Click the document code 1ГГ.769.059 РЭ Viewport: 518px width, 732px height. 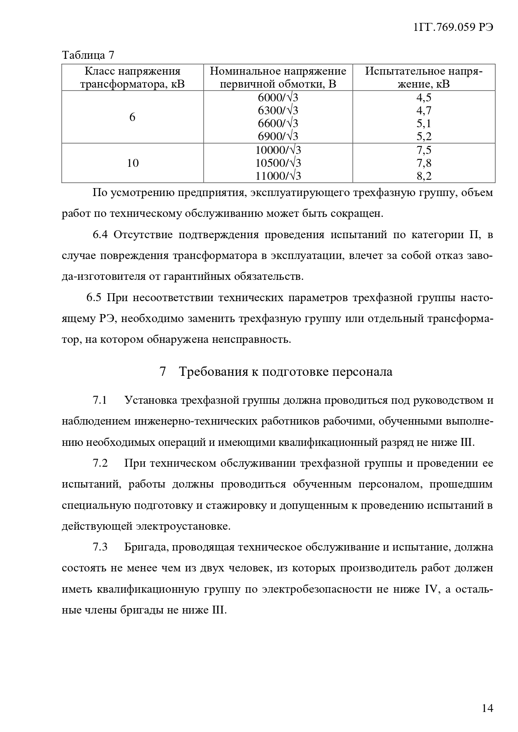(x=453, y=27)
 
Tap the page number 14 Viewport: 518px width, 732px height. (x=487, y=708)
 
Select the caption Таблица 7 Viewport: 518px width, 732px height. (x=88, y=55)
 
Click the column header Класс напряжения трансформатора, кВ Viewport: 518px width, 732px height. (x=132, y=78)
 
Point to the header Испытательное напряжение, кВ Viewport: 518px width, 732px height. (x=424, y=78)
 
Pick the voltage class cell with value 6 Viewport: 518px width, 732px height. (x=132, y=117)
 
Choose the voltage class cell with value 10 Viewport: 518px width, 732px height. (x=132, y=163)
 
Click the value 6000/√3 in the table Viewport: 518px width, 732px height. (x=278, y=98)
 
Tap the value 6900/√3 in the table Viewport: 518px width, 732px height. (x=278, y=136)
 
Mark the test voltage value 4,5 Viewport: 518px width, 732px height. (x=424, y=98)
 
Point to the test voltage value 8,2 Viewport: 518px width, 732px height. (x=424, y=176)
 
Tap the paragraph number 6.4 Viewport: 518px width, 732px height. (x=100, y=235)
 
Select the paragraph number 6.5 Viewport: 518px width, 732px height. (x=94, y=298)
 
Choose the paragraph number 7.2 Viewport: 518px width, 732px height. (x=100, y=463)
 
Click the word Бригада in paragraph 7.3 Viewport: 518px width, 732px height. (x=145, y=547)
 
